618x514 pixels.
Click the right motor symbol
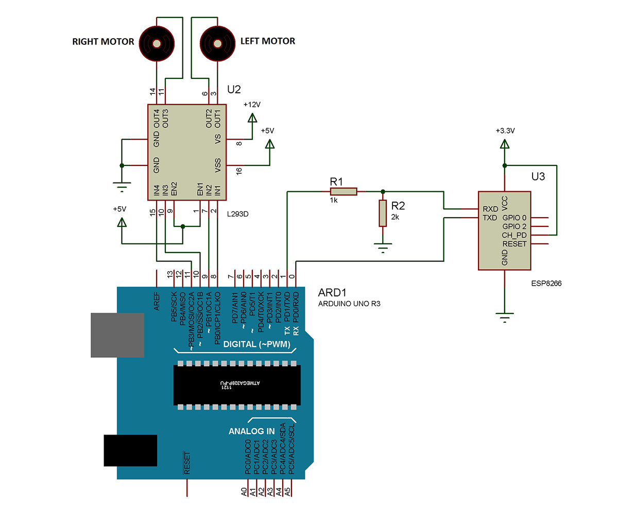coord(157,42)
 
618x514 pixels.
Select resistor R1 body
coord(344,192)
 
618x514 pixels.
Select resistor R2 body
coord(382,214)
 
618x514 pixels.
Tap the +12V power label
coord(252,104)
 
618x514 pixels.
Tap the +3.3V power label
coord(504,131)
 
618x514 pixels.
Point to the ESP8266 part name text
coord(546,283)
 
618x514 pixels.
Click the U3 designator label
coord(538,177)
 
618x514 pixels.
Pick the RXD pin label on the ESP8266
coord(490,209)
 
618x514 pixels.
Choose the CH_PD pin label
coord(514,235)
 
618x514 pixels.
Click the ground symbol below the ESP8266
coord(505,316)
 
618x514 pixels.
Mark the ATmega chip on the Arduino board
coord(237,384)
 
